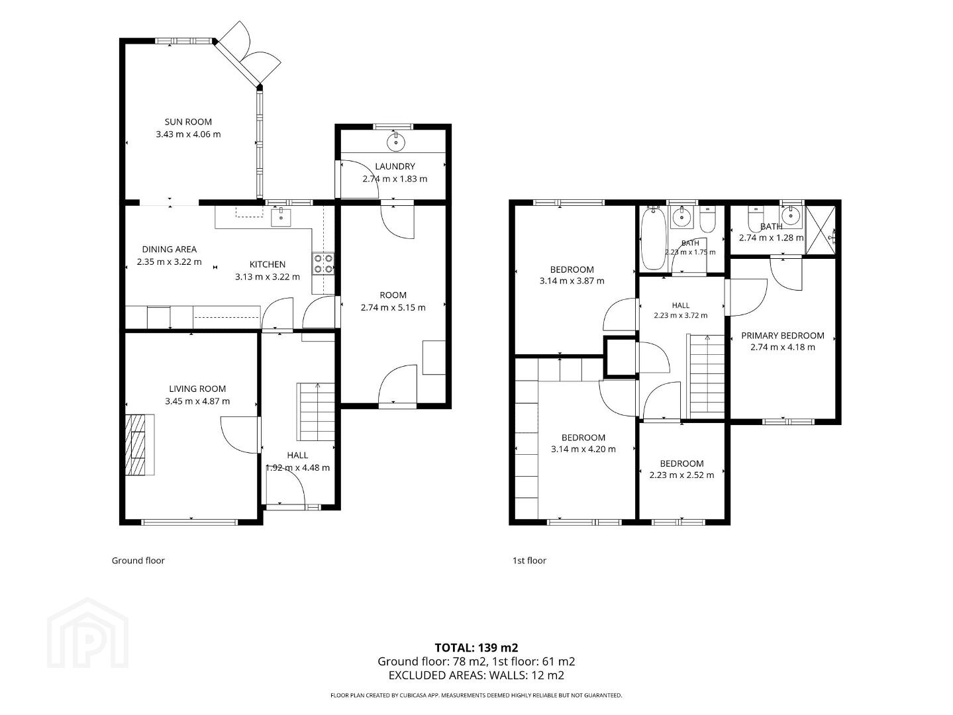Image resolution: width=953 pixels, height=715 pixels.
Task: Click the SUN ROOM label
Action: point(188,122)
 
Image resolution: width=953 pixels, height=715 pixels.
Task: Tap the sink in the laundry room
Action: point(395,142)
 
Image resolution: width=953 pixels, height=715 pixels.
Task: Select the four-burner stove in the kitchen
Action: point(323,263)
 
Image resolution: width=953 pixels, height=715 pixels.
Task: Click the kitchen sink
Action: point(281,217)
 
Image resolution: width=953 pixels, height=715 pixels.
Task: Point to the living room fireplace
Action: point(140,445)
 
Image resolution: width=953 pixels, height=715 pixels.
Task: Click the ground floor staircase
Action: point(316,412)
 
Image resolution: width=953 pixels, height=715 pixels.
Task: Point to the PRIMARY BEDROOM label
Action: point(782,336)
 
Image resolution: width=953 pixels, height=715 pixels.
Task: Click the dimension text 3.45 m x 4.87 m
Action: point(197,401)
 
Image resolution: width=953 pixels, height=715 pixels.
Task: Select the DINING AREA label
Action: point(170,250)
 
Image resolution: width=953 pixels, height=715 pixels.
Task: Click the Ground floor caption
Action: point(138,561)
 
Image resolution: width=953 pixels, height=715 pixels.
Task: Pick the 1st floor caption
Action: point(529,561)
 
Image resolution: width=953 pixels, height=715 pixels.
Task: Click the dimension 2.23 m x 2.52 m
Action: point(681,475)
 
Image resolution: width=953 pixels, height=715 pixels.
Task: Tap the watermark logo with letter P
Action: point(87,633)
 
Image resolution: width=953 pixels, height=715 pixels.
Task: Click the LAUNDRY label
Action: point(395,166)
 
